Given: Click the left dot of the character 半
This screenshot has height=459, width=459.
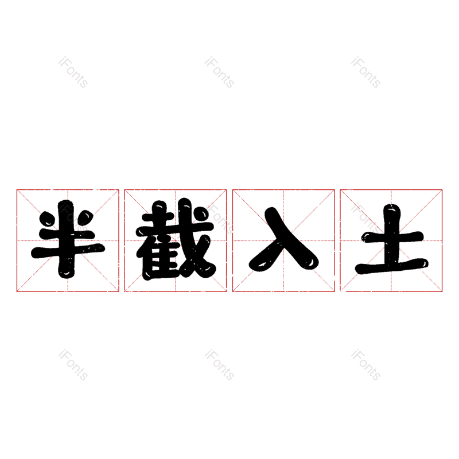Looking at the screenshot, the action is [x=47, y=219].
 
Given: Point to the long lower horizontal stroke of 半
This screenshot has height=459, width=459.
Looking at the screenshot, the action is [x=68, y=250].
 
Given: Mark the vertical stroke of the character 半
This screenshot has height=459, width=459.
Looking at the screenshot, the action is [x=67, y=239].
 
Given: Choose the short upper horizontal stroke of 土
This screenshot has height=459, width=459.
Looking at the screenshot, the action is [x=393, y=236].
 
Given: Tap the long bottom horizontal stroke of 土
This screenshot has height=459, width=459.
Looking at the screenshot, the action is [x=392, y=266].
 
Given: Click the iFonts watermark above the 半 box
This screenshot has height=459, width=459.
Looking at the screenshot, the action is [x=73, y=72].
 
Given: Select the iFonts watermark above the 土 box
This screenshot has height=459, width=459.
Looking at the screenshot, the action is [x=365, y=72].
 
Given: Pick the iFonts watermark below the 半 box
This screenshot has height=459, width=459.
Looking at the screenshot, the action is [x=73, y=365].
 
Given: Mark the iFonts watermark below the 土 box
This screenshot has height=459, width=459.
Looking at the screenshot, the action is [x=365, y=365].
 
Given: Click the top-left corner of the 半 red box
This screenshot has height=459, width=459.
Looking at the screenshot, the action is [x=17, y=190].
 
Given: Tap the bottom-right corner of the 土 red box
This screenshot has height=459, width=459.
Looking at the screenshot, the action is [x=442, y=291].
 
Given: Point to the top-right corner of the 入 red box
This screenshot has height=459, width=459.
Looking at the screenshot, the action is [x=334, y=190].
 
